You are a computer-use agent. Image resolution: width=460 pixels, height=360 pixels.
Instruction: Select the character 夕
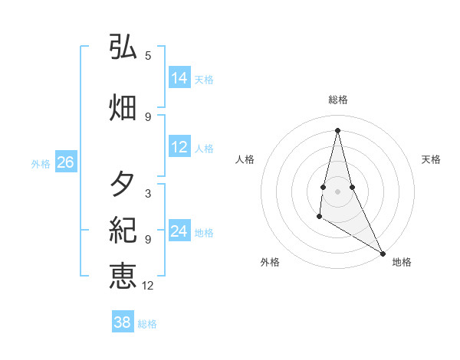[123, 184]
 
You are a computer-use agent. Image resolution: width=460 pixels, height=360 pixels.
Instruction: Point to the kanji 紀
[123, 229]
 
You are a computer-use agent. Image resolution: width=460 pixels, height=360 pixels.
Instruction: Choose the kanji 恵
[123, 275]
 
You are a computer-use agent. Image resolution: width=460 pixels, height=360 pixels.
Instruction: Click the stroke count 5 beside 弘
[148, 55]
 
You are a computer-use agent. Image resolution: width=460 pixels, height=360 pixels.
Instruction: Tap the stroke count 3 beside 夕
[148, 193]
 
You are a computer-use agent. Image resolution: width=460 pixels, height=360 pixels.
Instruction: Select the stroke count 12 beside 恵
[148, 286]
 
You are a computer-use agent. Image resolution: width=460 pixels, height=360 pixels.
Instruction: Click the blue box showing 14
[179, 77]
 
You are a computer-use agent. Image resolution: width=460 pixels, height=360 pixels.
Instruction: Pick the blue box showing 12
[179, 147]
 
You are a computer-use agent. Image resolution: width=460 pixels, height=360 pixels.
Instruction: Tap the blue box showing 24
[179, 231]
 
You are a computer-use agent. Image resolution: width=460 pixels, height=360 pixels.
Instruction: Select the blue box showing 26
[65, 162]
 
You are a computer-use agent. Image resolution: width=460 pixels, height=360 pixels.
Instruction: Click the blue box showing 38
[123, 322]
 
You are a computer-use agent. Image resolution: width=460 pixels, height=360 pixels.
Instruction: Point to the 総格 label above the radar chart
[337, 100]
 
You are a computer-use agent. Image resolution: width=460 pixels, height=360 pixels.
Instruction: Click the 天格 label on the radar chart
[431, 159]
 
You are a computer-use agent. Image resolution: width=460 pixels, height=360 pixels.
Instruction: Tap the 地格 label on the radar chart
[402, 262]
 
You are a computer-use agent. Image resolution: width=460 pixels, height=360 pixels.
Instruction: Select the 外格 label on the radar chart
[270, 262]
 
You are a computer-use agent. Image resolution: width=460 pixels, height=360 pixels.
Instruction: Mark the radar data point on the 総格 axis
[337, 129]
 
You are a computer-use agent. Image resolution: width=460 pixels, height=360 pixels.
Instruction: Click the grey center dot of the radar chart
[337, 191]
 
